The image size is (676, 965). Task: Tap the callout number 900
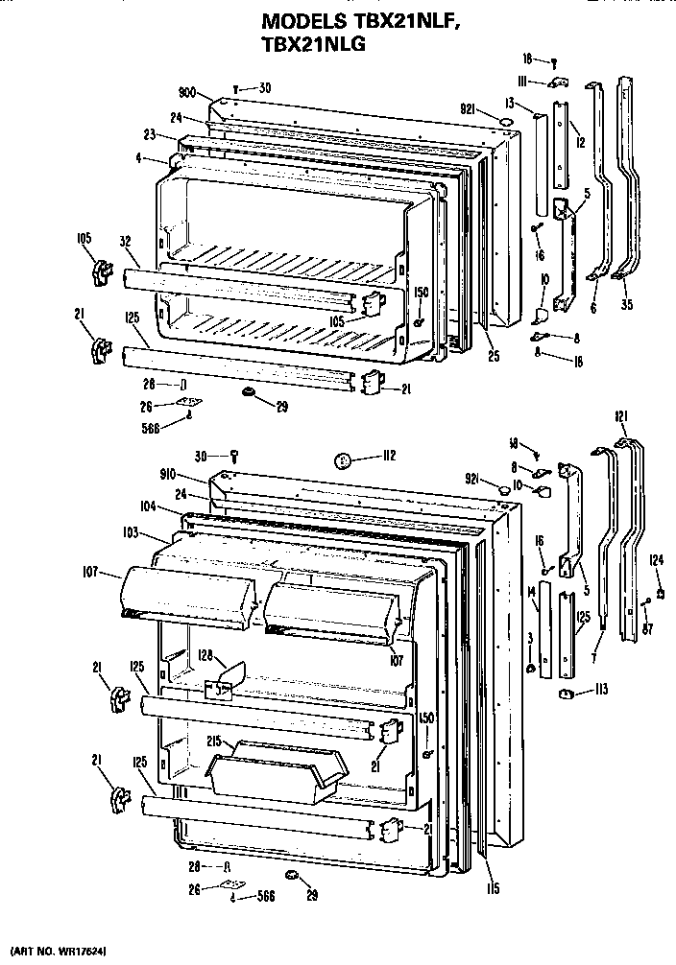pos(187,93)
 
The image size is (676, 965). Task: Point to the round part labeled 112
pos(342,461)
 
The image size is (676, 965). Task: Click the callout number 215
pos(216,741)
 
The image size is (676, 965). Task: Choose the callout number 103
pos(132,532)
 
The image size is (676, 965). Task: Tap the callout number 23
pos(151,134)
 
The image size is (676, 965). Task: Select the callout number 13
pos(514,102)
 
